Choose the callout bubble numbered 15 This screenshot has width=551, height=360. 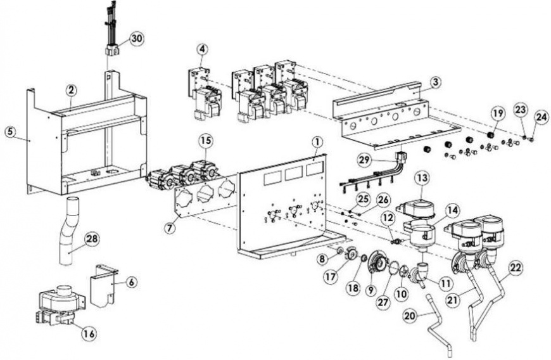[205, 139]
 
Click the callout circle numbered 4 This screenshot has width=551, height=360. [201, 48]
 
